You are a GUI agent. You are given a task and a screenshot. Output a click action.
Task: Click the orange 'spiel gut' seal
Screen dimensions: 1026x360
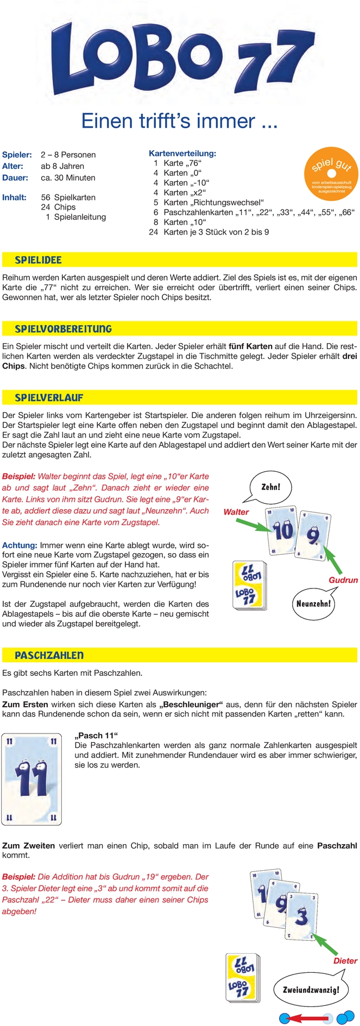[x=331, y=172]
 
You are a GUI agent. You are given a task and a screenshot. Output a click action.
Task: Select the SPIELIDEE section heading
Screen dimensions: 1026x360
[x=38, y=260]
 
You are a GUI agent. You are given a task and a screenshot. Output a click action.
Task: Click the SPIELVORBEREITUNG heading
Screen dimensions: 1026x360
[x=63, y=329]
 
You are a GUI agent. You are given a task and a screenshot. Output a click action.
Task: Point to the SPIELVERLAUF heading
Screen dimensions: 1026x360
[x=49, y=398]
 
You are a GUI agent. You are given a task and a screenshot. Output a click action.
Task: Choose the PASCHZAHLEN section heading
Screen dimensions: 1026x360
[x=49, y=656]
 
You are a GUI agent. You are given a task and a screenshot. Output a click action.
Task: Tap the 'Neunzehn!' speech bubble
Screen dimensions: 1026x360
[x=313, y=603]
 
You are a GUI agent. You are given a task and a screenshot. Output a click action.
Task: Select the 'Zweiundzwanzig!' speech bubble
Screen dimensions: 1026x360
[x=311, y=989]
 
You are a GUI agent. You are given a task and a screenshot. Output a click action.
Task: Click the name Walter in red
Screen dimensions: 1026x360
[x=236, y=512]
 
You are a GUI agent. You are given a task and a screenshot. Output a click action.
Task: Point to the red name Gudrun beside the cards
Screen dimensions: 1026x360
[x=343, y=580]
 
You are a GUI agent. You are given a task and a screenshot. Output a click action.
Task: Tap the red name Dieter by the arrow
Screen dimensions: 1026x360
[x=345, y=960]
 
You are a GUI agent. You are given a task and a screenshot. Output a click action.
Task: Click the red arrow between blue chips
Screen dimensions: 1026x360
[x=306, y=1017]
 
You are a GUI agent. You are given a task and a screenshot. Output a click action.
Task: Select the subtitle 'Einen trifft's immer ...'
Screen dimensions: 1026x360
[x=179, y=121]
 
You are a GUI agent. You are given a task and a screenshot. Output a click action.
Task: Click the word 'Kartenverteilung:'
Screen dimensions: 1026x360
[x=182, y=154]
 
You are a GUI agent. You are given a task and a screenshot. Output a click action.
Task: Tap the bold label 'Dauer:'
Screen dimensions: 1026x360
[x=15, y=178]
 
